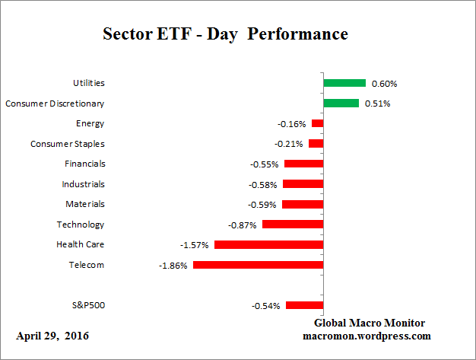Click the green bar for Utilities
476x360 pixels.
[x=344, y=83]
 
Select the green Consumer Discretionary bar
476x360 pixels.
[x=341, y=103]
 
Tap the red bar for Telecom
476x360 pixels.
[x=259, y=265]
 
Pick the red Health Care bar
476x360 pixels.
[x=269, y=245]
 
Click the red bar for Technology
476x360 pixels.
[x=293, y=225]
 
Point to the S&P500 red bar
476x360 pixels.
[x=305, y=305]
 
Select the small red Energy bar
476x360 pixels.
[x=318, y=123]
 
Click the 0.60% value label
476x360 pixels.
[x=384, y=83]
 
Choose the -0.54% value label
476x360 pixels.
[x=265, y=305]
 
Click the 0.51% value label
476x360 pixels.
[x=377, y=103]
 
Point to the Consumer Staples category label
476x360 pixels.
[x=68, y=143]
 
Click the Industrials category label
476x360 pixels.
[x=83, y=183]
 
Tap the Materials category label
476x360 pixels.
[x=85, y=204]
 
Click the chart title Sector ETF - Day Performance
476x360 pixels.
[x=225, y=35]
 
